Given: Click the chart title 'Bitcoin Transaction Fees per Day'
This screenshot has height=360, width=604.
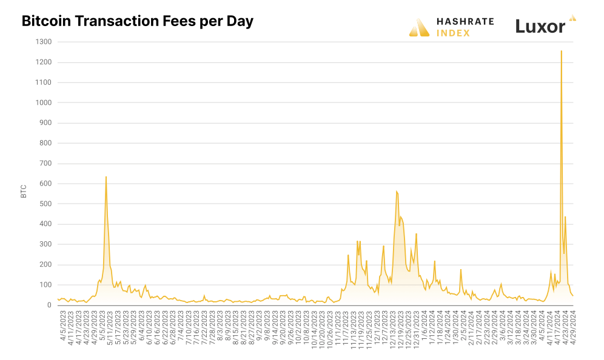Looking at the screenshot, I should [x=137, y=21].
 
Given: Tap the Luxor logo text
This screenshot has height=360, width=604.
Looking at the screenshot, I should [x=540, y=26].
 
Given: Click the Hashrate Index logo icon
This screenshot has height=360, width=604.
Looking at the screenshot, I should [x=419, y=27].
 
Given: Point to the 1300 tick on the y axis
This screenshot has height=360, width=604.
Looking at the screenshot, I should [x=44, y=42].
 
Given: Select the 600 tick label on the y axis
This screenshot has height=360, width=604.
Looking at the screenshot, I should [x=45, y=184].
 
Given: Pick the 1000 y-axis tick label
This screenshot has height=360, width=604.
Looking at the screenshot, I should [x=44, y=102].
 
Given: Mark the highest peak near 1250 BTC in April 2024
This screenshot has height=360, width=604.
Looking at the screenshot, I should [x=561, y=51].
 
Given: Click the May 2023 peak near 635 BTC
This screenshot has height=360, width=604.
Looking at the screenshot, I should [x=106, y=177].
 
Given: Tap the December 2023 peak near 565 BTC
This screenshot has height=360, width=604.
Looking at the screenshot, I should [x=396, y=191].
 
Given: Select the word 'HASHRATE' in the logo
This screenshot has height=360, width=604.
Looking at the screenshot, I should [x=465, y=21].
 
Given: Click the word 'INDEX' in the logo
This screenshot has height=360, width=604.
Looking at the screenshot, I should [x=453, y=33].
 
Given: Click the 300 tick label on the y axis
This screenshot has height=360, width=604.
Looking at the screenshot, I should [x=45, y=244].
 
